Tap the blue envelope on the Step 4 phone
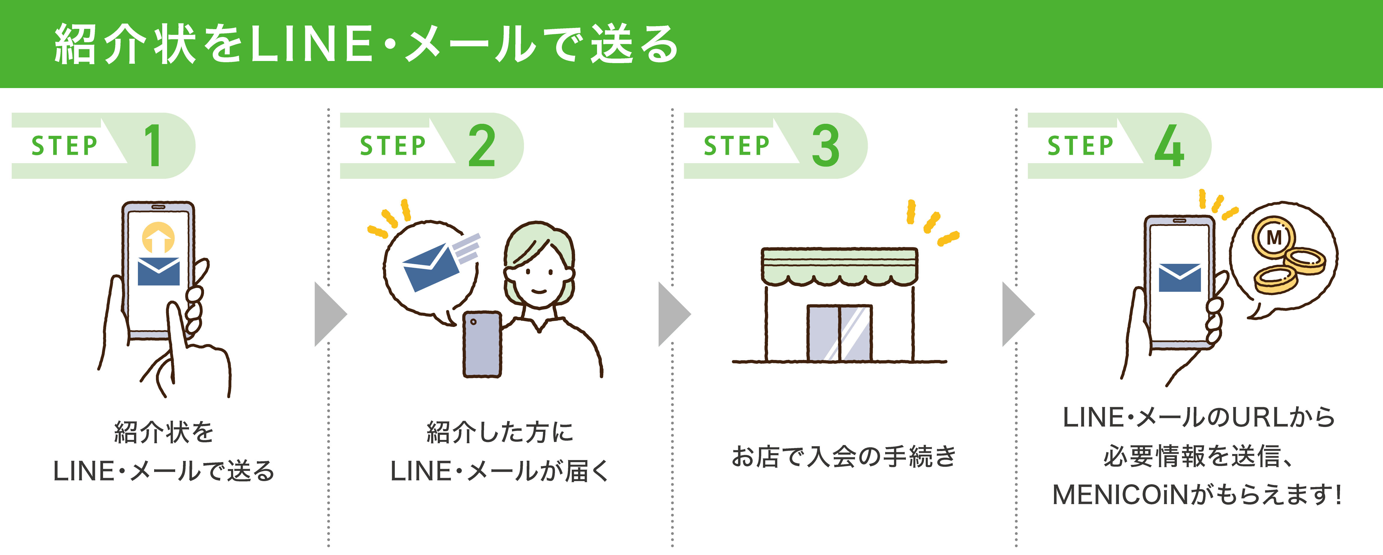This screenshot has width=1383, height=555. [1180, 278]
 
